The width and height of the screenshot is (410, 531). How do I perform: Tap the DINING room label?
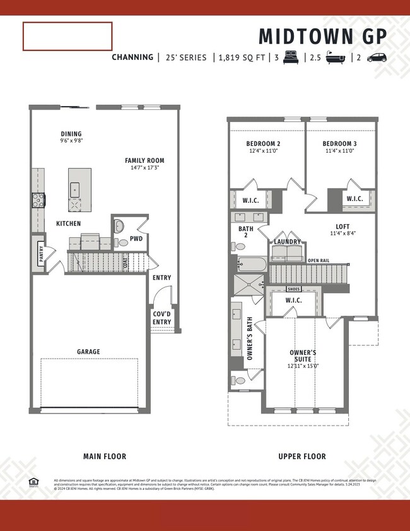[71, 134]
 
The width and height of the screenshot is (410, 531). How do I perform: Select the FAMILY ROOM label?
[144, 161]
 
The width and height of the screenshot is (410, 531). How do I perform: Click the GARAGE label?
[88, 352]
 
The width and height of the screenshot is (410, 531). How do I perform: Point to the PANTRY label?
[41, 254]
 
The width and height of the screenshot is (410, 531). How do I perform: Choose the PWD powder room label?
[136, 239]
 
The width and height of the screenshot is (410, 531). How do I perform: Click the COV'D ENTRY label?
[161, 318]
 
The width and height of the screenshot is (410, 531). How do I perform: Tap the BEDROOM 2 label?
[263, 144]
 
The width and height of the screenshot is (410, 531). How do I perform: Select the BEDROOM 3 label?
[339, 144]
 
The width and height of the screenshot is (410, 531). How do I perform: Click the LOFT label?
[343, 226]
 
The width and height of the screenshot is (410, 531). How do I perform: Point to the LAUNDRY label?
[286, 241]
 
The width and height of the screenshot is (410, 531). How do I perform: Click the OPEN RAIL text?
[319, 260]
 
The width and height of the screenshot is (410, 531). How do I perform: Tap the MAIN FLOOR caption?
[105, 456]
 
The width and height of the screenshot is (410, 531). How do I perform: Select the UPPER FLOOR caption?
[302, 456]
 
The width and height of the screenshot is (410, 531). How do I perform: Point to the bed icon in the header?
[291, 57]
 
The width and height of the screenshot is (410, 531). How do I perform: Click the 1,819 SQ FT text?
[242, 57]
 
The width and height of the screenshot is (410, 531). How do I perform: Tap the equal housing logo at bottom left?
[33, 482]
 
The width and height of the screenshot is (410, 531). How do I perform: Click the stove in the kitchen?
[38, 201]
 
